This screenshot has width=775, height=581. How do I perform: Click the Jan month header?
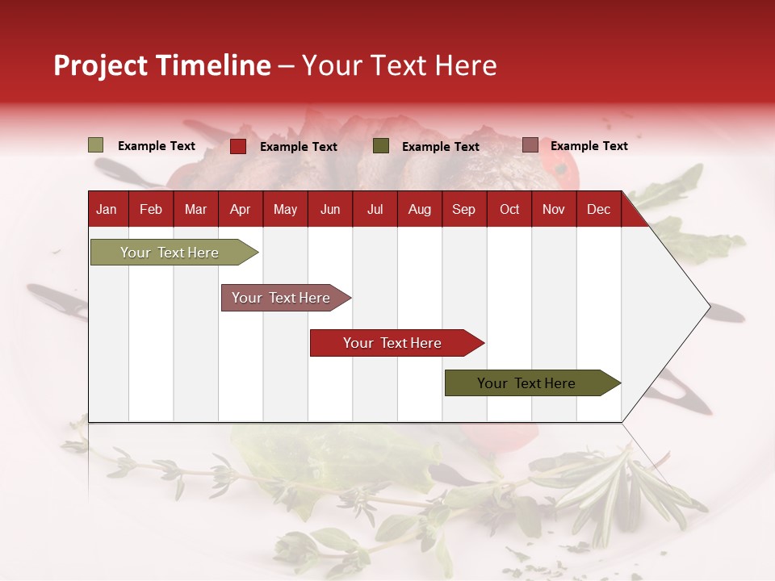click(107, 209)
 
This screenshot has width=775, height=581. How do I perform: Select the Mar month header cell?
click(195, 209)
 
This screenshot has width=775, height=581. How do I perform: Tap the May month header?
click(285, 209)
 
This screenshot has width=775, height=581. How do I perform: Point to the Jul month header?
click(375, 209)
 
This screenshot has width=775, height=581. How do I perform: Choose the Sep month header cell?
click(463, 209)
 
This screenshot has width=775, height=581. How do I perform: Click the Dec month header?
click(598, 209)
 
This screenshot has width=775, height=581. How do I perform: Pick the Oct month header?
click(509, 209)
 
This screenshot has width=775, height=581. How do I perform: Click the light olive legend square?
click(95, 145)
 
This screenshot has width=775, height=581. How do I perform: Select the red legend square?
click(237, 146)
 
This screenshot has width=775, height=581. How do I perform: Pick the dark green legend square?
click(381, 146)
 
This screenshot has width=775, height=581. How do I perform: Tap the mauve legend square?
click(530, 145)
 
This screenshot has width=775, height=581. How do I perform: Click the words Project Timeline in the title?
click(162, 65)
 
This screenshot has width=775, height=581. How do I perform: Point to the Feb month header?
click(151, 209)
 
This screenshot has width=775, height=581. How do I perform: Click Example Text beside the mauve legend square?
click(589, 146)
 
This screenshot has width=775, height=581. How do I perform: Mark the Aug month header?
click(419, 209)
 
